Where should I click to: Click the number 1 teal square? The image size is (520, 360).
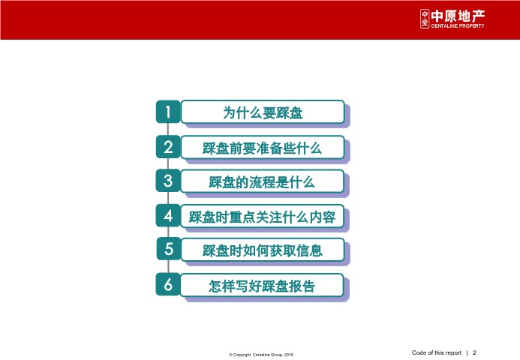pyautogui.click(x=168, y=112)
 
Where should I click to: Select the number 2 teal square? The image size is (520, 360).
pyautogui.click(x=168, y=147)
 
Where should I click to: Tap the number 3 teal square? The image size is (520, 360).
pyautogui.click(x=168, y=181)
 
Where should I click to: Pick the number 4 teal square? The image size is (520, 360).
pyautogui.click(x=168, y=215)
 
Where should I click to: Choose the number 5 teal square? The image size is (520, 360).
pyautogui.click(x=169, y=248)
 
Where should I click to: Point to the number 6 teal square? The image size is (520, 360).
pyautogui.click(x=168, y=284)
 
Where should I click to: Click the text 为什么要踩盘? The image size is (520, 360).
pyautogui.click(x=263, y=112)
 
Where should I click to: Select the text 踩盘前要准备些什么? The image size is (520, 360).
pyautogui.click(x=262, y=148)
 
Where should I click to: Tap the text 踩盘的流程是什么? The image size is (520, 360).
pyautogui.click(x=262, y=182)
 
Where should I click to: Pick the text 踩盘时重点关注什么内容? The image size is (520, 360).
pyautogui.click(x=262, y=217)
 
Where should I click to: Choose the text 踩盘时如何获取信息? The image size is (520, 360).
pyautogui.click(x=263, y=250)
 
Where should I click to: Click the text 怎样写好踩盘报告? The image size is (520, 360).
pyautogui.click(x=262, y=286)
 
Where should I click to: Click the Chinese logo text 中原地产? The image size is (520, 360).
pyautogui.click(x=458, y=16)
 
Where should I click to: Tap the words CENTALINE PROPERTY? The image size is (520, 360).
pyautogui.click(x=458, y=25)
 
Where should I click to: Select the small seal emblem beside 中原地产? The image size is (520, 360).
pyautogui.click(x=425, y=19)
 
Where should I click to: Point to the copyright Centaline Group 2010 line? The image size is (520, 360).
pyautogui.click(x=261, y=355)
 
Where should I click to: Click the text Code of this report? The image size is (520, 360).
pyautogui.click(x=437, y=352)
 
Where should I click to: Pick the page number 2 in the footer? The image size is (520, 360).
pyautogui.click(x=474, y=352)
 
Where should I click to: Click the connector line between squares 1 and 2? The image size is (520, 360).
pyautogui.click(x=168, y=129)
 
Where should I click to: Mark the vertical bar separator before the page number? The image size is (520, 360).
pyautogui.click(x=467, y=353)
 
